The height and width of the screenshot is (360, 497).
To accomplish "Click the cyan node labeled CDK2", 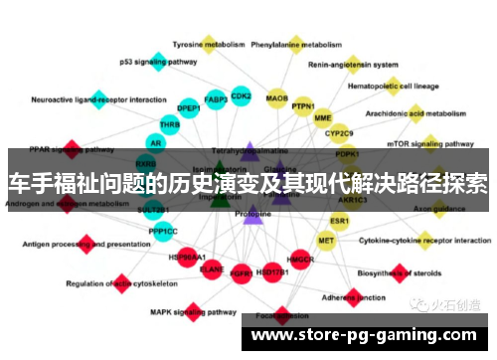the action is coord(241,96).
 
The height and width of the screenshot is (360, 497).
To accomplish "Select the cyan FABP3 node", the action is coord(216,99).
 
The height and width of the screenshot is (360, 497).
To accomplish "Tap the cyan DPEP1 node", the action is coord(188,107).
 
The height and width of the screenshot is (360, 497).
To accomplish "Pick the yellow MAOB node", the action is coord(276,99).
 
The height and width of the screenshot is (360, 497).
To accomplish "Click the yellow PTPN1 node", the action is coord(303,106).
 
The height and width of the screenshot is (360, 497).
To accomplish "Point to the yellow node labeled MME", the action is coord(323,117).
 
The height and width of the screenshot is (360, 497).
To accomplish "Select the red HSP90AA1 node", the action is coord(187,256).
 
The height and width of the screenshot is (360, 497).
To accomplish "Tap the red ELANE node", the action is coord(212,268).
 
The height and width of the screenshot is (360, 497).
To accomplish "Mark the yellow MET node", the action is coord(326,240).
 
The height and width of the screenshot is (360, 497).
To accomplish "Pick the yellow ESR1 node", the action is coord(339,220).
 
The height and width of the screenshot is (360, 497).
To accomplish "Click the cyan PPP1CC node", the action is coord(164,232).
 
